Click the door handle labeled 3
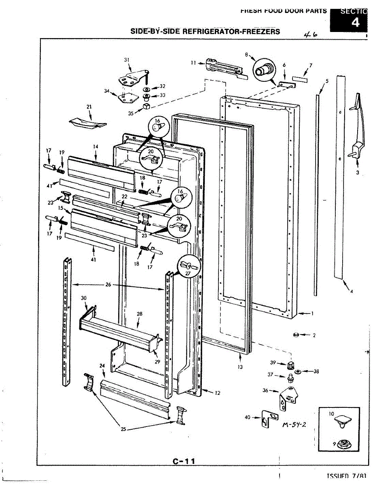[358, 126]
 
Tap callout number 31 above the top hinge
[127, 60]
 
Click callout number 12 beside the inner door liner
[218, 393]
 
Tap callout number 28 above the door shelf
[139, 314]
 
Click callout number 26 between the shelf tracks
[108, 285]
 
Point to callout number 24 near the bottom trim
[102, 366]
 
